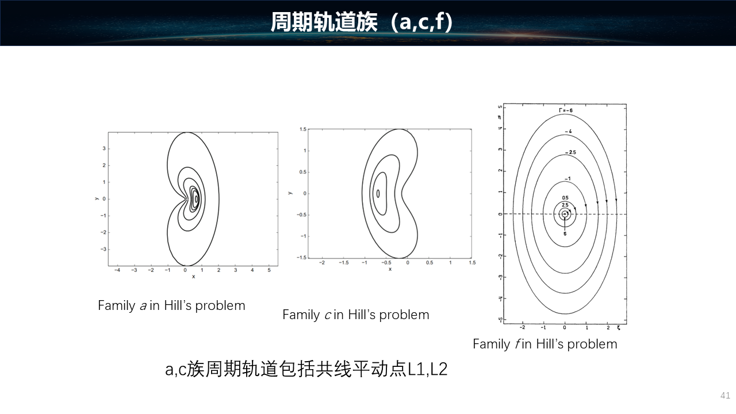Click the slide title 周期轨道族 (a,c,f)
click(362, 22)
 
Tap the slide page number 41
click(725, 395)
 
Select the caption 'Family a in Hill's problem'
click(171, 305)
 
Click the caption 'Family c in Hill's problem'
click(356, 315)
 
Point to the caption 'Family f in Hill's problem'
click(545, 344)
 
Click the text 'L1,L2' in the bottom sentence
click(427, 369)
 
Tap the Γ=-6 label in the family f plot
click(566, 110)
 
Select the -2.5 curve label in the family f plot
click(570, 152)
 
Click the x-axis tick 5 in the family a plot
click(269, 270)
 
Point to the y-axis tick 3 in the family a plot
click(104, 148)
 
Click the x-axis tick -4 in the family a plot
click(117, 270)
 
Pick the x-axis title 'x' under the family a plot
click(194, 277)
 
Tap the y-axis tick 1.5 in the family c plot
click(302, 129)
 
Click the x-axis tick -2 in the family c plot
click(322, 263)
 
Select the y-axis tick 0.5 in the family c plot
click(302, 172)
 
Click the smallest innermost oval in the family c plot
click(378, 194)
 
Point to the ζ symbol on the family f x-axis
click(618, 328)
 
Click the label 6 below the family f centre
click(565, 234)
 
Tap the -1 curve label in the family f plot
click(568, 179)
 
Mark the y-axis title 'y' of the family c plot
click(290, 193)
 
